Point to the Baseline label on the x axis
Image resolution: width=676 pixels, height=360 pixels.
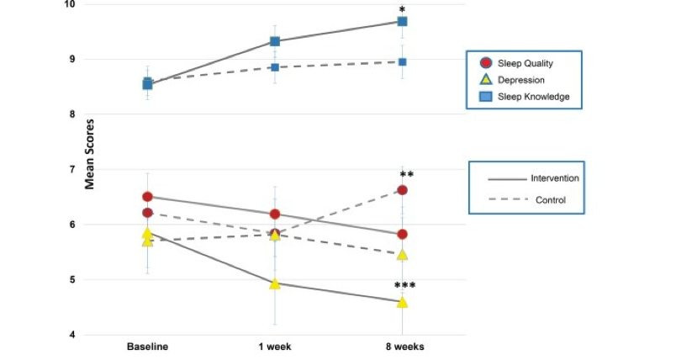pyautogui.click(x=147, y=347)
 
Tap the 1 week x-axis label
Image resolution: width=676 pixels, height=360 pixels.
pyautogui.click(x=274, y=347)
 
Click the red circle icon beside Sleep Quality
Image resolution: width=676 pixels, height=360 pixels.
pyautogui.click(x=485, y=63)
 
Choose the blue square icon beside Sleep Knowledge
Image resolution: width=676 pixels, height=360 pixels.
pyautogui.click(x=485, y=97)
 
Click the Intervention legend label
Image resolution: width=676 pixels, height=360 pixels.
pyautogui.click(x=555, y=178)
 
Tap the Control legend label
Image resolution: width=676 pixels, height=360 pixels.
pyautogui.click(x=551, y=200)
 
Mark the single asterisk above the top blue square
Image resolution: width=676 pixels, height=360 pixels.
pyautogui.click(x=403, y=9)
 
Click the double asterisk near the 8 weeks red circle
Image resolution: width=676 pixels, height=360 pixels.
pyautogui.click(x=406, y=175)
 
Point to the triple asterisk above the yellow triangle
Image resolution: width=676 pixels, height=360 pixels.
pyautogui.click(x=405, y=286)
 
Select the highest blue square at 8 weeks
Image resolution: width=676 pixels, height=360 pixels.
pyautogui.click(x=402, y=22)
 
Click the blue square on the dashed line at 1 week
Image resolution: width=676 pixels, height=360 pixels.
pyautogui.click(x=274, y=66)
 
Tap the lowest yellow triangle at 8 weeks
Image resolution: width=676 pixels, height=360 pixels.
pyautogui.click(x=402, y=302)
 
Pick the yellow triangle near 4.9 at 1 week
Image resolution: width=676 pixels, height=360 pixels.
pyautogui.click(x=274, y=283)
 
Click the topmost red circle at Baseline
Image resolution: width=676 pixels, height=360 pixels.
pyautogui.click(x=147, y=197)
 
